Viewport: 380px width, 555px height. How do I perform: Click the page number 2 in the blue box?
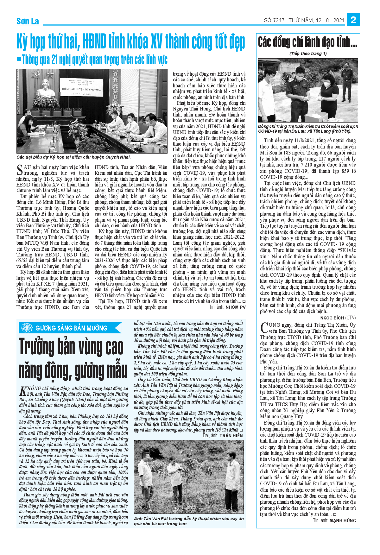(x=353, y=20)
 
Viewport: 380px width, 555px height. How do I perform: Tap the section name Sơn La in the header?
(x=28, y=21)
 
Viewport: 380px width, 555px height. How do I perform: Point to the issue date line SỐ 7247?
(x=304, y=20)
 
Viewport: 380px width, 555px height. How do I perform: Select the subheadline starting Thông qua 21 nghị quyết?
(x=94, y=60)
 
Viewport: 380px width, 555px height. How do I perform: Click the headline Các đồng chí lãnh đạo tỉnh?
(x=307, y=42)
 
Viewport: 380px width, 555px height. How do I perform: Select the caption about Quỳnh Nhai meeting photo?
(x=73, y=157)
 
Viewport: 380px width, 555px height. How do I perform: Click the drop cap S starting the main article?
(x=20, y=170)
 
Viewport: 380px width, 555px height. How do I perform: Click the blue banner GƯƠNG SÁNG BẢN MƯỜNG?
(x=70, y=328)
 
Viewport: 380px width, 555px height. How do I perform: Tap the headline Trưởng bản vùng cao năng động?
(x=73, y=359)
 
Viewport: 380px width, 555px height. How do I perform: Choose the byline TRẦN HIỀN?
(x=231, y=436)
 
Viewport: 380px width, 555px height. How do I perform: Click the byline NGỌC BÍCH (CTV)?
(x=338, y=318)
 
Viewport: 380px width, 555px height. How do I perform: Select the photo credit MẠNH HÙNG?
(x=343, y=520)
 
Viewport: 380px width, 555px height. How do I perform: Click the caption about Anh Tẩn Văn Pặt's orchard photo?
(x=189, y=521)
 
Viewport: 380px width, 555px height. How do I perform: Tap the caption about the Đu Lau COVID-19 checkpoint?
(x=308, y=129)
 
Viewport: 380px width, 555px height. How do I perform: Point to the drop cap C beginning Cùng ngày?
(x=264, y=327)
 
